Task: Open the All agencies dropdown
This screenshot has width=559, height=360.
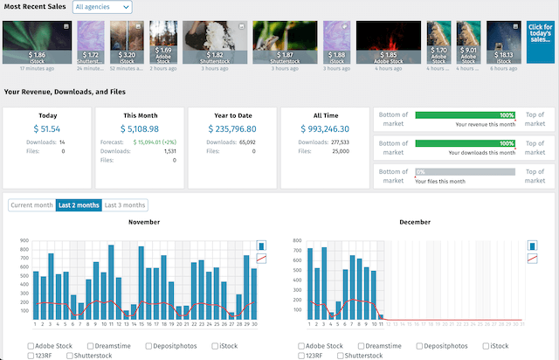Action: pyautogui.click(x=102, y=7)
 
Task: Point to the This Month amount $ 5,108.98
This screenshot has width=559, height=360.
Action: pyautogui.click(x=138, y=128)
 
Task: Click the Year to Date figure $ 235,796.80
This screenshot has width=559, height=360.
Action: pyautogui.click(x=232, y=128)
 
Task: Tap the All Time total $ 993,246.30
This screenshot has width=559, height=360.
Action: pyautogui.click(x=324, y=128)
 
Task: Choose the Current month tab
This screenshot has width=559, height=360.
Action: pyautogui.click(x=31, y=205)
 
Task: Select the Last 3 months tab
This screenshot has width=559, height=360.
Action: pyautogui.click(x=125, y=205)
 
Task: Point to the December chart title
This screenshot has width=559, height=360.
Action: pyautogui.click(x=414, y=222)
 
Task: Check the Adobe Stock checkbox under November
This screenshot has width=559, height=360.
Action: pyautogui.click(x=31, y=347)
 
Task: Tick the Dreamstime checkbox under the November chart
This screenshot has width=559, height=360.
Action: pyautogui.click(x=91, y=347)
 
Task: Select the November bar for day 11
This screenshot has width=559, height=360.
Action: pyautogui.click(x=111, y=282)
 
